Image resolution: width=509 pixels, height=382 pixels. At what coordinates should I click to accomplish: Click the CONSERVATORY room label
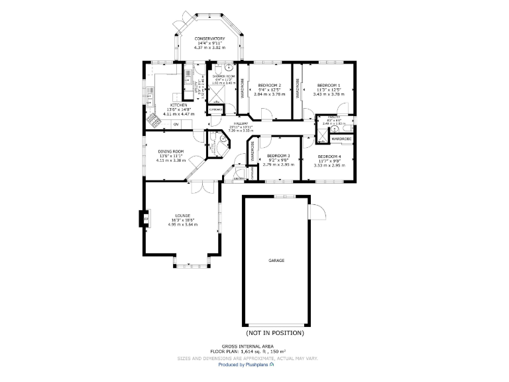(x=209, y=39)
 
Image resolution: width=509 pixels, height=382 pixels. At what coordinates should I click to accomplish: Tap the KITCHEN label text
(x=178, y=105)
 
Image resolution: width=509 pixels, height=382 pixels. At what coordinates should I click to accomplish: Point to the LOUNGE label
(x=183, y=216)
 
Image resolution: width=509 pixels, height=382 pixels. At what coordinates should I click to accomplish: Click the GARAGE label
(x=276, y=261)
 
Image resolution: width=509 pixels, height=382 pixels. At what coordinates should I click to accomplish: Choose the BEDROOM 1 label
(x=329, y=86)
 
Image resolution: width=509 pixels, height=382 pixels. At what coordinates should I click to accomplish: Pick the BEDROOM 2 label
(x=270, y=86)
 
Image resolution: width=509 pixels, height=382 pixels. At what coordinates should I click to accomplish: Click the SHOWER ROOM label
(x=223, y=77)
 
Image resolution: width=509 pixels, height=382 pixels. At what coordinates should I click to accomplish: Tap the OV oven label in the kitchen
(x=176, y=124)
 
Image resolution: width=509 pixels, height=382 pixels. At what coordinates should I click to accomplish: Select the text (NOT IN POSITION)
(x=275, y=332)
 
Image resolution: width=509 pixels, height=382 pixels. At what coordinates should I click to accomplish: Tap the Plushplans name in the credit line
(x=253, y=364)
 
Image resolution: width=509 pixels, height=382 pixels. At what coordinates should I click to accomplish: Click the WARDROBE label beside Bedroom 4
(x=341, y=139)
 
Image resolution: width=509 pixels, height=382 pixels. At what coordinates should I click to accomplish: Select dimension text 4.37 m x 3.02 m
(x=209, y=48)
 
